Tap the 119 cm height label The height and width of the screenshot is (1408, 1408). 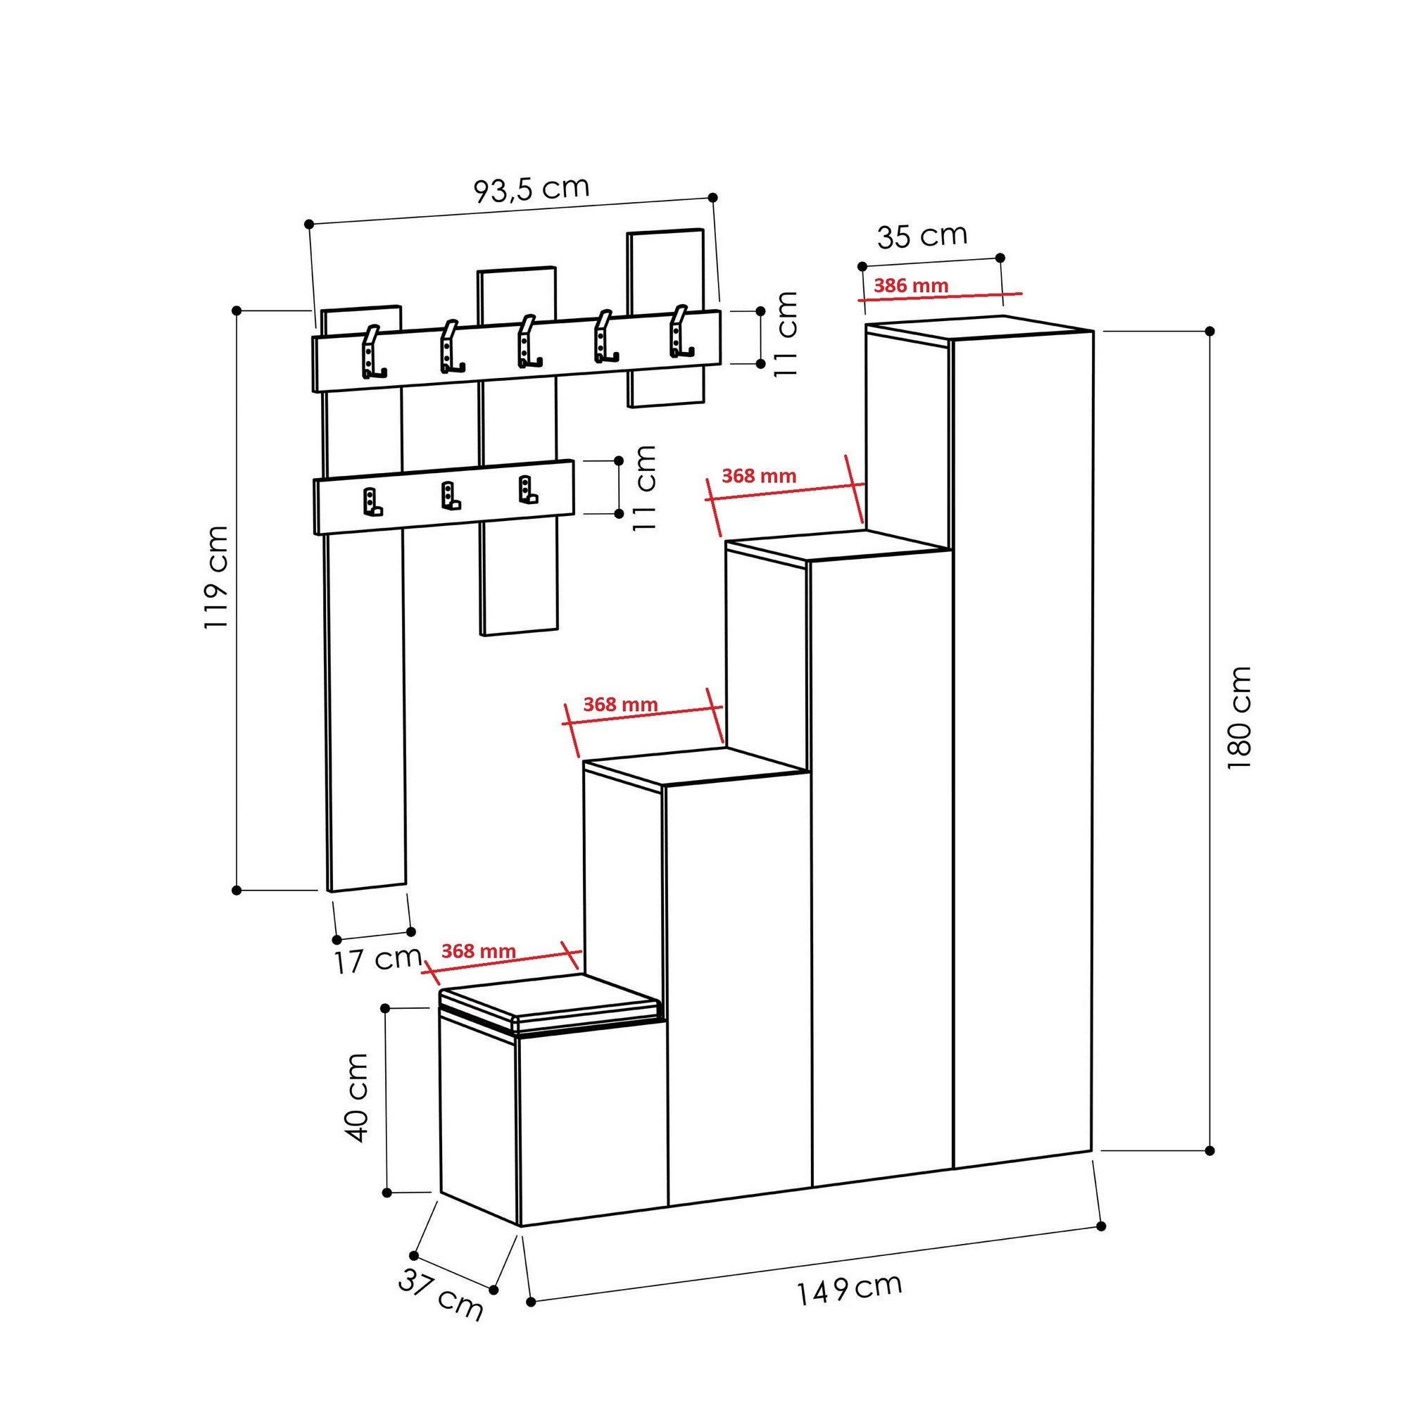(217, 577)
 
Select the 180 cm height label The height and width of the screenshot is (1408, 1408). (1239, 717)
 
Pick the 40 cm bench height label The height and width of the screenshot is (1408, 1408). (356, 1097)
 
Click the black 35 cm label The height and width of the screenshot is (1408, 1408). (922, 235)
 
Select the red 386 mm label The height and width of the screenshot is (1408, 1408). (911, 285)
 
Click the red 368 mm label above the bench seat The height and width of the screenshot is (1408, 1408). (479, 951)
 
